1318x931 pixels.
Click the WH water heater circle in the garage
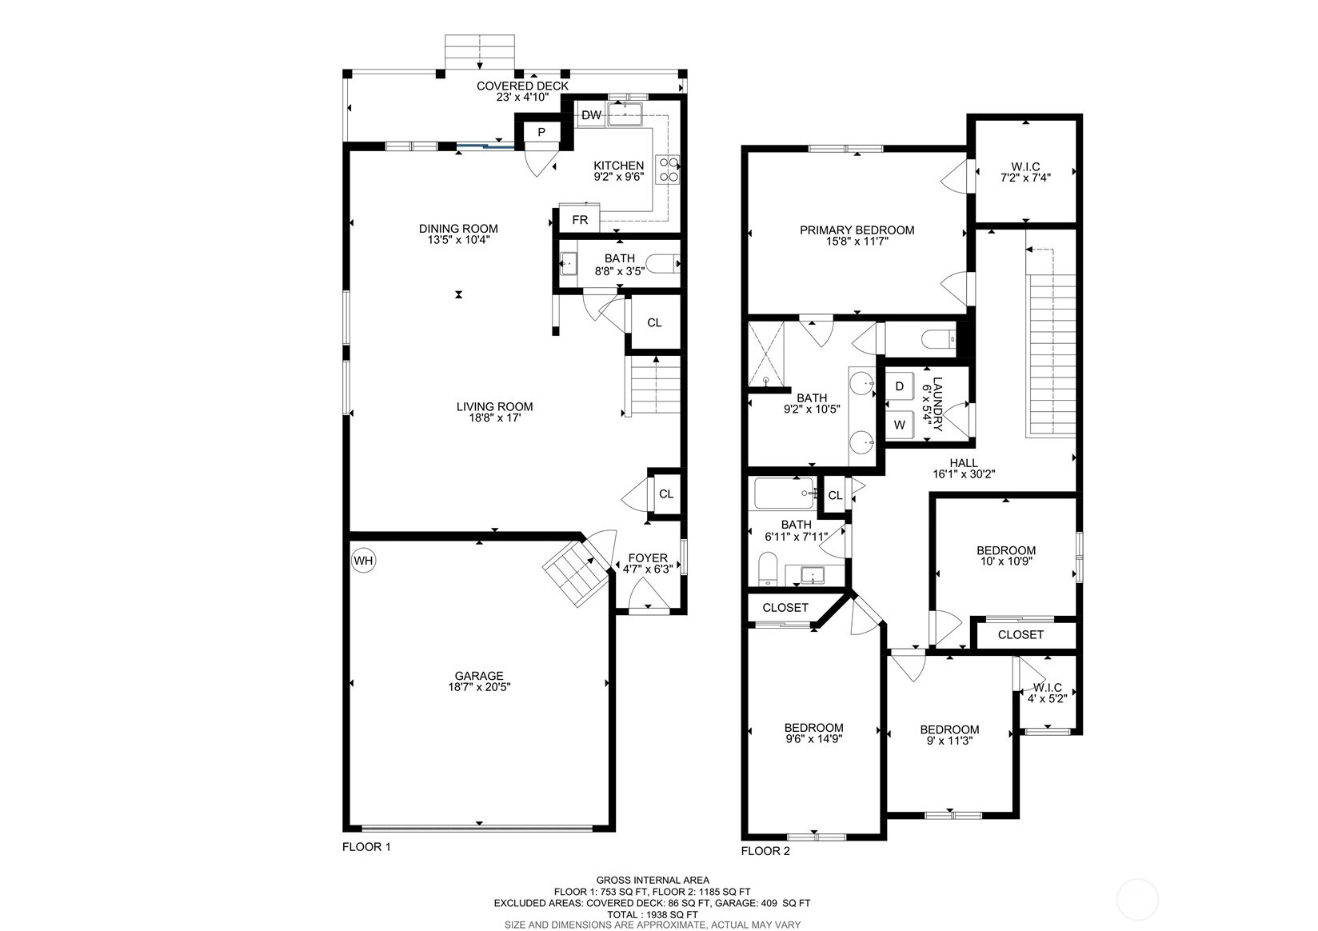tap(363, 561)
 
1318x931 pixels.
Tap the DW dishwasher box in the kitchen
tap(591, 115)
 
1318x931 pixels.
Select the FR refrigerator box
tap(580, 219)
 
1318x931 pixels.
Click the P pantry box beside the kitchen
tap(541, 132)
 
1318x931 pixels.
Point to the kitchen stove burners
tap(668, 170)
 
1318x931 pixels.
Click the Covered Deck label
tap(522, 86)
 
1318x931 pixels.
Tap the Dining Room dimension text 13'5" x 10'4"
tap(458, 239)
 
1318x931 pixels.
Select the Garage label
tap(479, 676)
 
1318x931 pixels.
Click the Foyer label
tap(647, 558)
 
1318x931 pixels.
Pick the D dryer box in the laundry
tap(900, 386)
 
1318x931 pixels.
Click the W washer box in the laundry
tap(900, 425)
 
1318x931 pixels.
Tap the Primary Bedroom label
tap(857, 230)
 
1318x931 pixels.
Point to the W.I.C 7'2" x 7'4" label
tap(1024, 166)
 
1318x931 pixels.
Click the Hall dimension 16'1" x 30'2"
tap(963, 473)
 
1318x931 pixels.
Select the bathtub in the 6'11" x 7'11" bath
tap(785, 493)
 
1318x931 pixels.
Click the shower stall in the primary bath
tap(766, 354)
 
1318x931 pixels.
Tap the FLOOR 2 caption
tap(765, 851)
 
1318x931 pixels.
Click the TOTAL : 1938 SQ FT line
tap(652, 914)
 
